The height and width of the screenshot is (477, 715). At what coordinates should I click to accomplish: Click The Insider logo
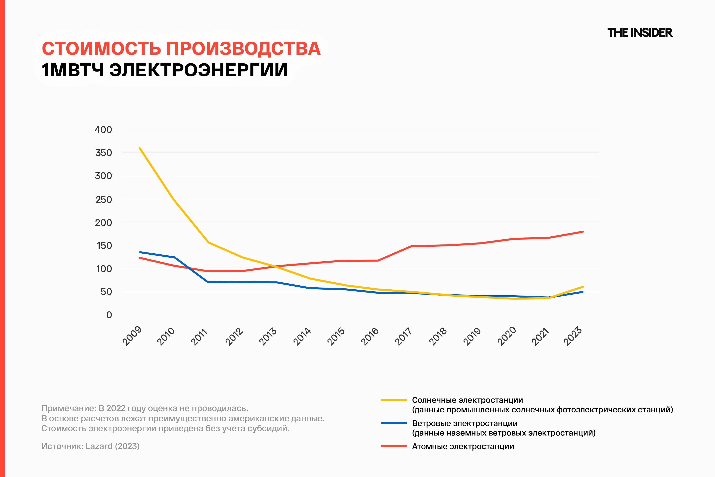[640, 33]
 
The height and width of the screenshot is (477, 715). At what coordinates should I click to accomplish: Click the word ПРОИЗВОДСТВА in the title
[243, 49]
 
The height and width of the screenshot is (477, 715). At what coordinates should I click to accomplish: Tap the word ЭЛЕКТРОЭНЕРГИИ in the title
[198, 70]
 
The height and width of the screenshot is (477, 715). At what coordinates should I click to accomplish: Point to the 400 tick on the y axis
[103, 130]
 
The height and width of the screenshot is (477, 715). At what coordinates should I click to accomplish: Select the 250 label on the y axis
[104, 200]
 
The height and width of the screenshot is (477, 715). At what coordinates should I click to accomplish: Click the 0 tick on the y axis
[109, 315]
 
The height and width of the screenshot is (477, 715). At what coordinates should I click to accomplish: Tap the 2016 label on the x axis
[370, 336]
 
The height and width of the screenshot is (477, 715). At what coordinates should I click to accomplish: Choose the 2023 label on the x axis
[573, 336]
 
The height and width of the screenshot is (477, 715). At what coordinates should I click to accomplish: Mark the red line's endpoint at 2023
[583, 232]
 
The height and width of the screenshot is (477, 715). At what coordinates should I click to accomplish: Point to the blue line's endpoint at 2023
[583, 292]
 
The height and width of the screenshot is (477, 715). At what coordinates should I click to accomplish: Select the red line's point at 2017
[412, 246]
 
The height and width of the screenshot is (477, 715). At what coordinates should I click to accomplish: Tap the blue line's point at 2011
[208, 282]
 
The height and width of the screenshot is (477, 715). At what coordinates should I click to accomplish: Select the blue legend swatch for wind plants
[394, 423]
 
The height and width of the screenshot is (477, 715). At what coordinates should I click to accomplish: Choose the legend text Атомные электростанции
[463, 446]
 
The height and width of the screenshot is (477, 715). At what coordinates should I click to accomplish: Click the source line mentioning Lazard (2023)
[91, 446]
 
